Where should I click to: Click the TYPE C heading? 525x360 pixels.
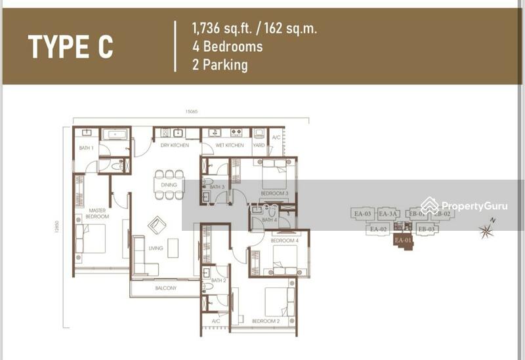(x=70, y=47)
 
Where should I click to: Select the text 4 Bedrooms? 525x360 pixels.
(x=227, y=47)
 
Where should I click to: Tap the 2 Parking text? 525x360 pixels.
(x=219, y=65)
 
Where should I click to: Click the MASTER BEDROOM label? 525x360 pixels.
(x=97, y=213)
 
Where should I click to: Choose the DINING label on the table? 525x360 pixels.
(x=169, y=186)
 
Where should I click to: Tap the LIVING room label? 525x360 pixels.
(x=156, y=248)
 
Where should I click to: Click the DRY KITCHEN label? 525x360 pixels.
(x=175, y=146)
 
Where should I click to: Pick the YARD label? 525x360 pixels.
(x=259, y=146)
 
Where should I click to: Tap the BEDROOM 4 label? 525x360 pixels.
(x=285, y=241)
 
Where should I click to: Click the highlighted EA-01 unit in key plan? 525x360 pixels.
(x=404, y=241)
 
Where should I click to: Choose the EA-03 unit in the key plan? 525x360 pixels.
(x=363, y=214)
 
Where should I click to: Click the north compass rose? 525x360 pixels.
(x=488, y=230)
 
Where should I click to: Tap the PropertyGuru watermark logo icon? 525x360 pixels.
(x=430, y=206)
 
